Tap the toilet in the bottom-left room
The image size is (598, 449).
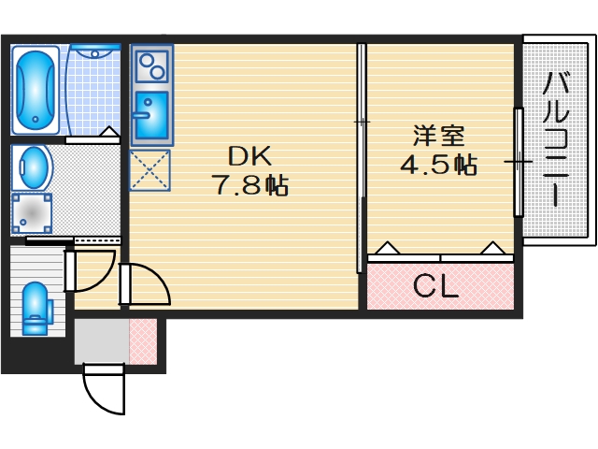pos(35,307)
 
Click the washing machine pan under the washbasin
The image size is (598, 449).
pos(32,212)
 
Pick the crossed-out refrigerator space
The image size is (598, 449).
pos(149,169)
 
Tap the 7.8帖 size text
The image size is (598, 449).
pos(249,185)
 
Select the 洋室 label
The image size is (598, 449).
pos(439,137)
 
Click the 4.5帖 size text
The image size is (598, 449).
pos(439,166)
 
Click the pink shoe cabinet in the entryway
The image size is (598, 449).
pos(142,341)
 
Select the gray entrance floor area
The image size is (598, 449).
pos(101,341)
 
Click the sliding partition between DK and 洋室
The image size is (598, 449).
pos(361,159)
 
